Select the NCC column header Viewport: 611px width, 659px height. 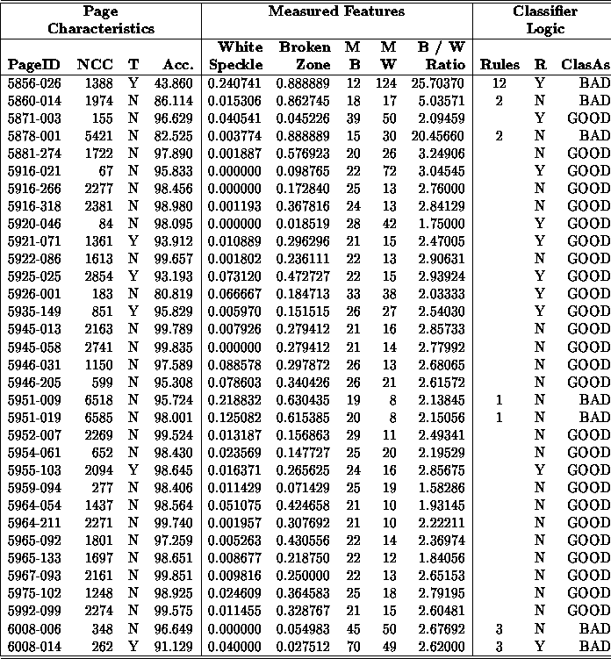pos(94,65)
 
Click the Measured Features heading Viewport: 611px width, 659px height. pos(336,12)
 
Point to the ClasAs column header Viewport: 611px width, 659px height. pos(584,65)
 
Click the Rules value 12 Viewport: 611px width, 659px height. pos(499,82)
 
